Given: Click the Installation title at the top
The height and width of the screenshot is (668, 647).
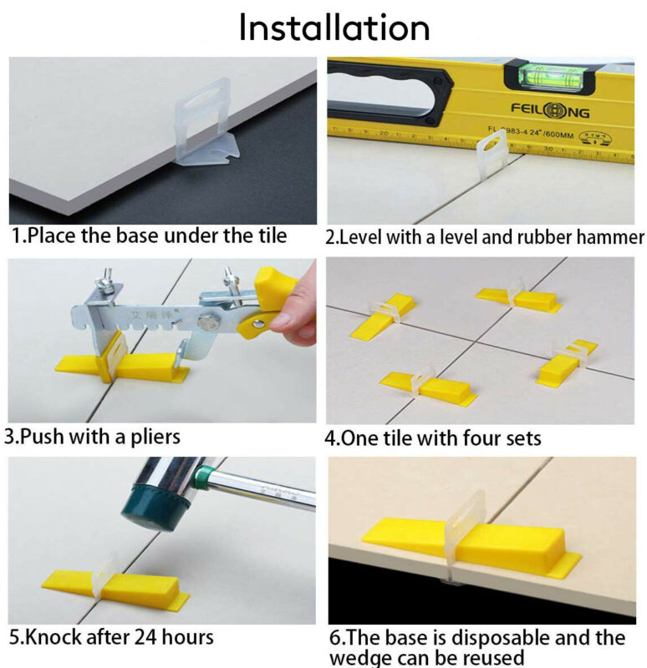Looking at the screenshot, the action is click(334, 28).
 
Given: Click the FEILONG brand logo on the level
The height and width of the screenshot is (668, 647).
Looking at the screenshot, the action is click(550, 111).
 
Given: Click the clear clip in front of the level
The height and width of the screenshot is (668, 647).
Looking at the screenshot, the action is click(492, 156).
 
